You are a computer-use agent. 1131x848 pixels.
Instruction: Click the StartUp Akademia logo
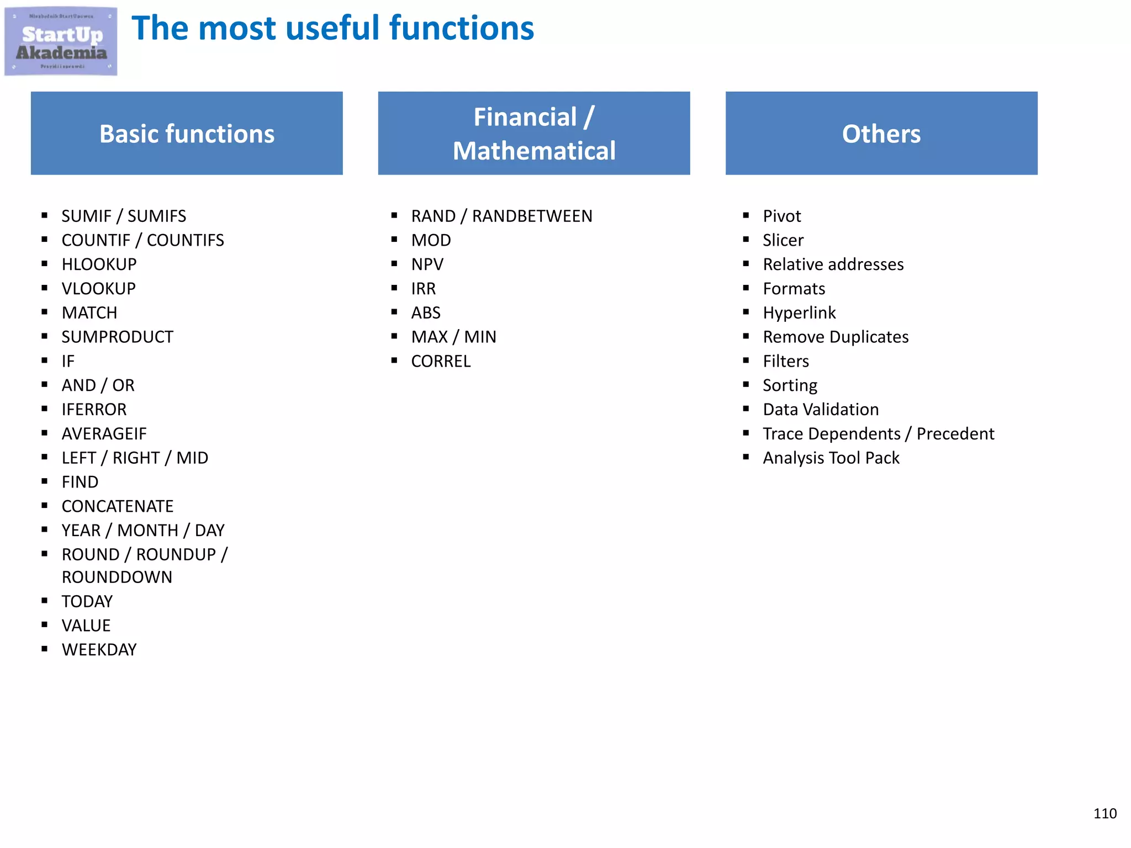pyautogui.click(x=61, y=41)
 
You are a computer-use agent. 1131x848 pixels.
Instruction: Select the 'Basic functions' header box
pyautogui.click(x=187, y=134)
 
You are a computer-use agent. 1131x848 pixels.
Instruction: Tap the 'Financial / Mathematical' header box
pyautogui.click(x=533, y=134)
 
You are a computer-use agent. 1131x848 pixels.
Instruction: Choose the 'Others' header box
pyautogui.click(x=881, y=134)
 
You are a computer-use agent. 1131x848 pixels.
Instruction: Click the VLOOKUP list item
pyautogui.click(x=99, y=289)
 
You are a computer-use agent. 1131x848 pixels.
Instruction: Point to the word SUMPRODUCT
pyautogui.click(x=117, y=337)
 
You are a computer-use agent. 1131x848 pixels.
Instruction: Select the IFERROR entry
pyautogui.click(x=94, y=410)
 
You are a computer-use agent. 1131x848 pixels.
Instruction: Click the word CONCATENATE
pyautogui.click(x=117, y=506)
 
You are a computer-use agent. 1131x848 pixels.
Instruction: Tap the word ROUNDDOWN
pyautogui.click(x=117, y=577)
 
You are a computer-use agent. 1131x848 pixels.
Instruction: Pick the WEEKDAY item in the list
pyautogui.click(x=99, y=650)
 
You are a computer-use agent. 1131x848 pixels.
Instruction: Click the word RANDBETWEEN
pyautogui.click(x=532, y=216)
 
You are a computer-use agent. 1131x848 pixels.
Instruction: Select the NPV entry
pyautogui.click(x=427, y=264)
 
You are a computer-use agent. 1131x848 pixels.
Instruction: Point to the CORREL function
pyautogui.click(x=441, y=361)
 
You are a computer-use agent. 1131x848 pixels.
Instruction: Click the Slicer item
pyautogui.click(x=783, y=240)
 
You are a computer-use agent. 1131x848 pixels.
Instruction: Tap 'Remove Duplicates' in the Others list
pyautogui.click(x=835, y=337)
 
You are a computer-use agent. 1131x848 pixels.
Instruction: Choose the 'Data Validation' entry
pyautogui.click(x=821, y=410)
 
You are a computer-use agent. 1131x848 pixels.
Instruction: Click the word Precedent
pyautogui.click(x=955, y=434)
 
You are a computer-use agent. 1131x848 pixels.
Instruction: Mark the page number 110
pyautogui.click(x=1104, y=813)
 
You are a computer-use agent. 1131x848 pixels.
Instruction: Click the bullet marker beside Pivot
pyautogui.click(x=746, y=215)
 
